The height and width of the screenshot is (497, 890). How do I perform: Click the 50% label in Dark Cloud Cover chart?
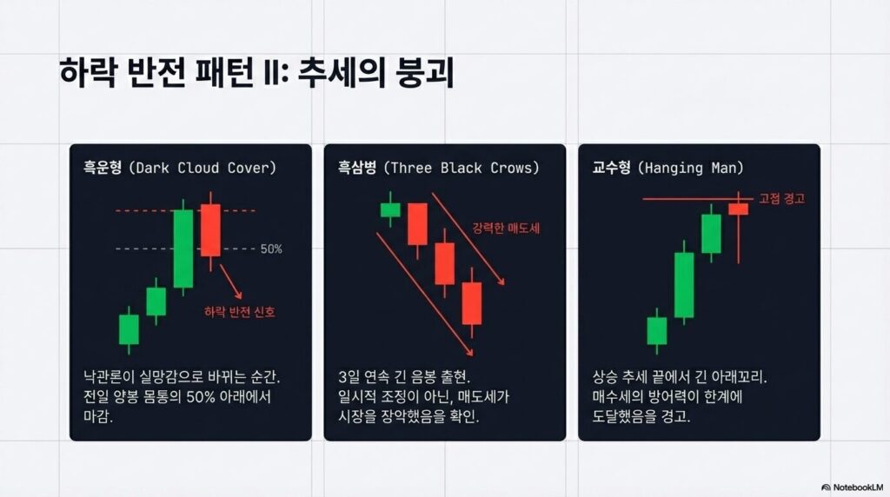(271, 248)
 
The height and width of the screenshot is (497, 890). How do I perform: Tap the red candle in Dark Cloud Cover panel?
(210, 230)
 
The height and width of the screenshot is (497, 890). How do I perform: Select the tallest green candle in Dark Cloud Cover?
(183, 248)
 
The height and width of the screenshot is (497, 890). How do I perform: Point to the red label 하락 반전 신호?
(240, 312)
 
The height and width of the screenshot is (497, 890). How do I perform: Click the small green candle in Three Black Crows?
(390, 209)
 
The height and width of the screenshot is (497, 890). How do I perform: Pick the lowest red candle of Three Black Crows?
(472, 303)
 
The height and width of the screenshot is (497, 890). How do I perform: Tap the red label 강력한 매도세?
(506, 229)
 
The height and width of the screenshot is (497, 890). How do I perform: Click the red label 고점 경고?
(781, 199)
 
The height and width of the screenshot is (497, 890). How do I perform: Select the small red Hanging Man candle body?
(739, 209)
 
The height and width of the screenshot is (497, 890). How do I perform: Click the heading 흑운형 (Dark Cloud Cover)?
(179, 168)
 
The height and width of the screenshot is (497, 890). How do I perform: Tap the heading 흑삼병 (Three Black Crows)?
(438, 168)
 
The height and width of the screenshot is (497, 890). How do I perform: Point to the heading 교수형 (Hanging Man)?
(667, 168)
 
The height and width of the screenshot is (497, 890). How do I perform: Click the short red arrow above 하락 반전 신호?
(230, 282)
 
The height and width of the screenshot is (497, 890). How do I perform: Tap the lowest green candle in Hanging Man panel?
(657, 331)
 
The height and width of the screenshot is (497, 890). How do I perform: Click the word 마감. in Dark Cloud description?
(98, 416)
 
